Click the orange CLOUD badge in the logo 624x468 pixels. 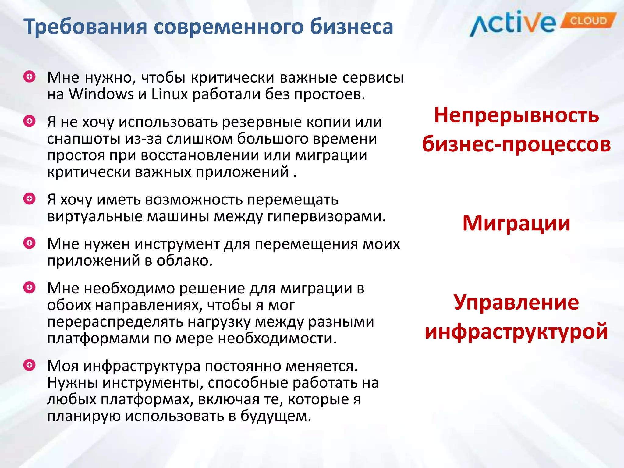click(588, 21)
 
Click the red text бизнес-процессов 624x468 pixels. click(516, 144)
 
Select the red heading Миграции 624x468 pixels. click(516, 223)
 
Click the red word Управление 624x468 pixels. click(516, 302)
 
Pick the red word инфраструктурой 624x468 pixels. click(516, 331)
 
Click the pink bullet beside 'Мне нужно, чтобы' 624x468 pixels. click(30, 77)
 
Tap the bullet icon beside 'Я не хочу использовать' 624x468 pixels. click(30, 121)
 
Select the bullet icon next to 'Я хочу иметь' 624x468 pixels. click(30, 199)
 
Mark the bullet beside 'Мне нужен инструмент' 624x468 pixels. click(30, 243)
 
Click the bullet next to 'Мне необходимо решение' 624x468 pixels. click(30, 287)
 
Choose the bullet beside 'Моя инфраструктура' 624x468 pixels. click(30, 365)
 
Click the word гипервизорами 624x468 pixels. click(326, 217)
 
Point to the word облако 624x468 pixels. click(184, 261)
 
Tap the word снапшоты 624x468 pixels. click(84, 139)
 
